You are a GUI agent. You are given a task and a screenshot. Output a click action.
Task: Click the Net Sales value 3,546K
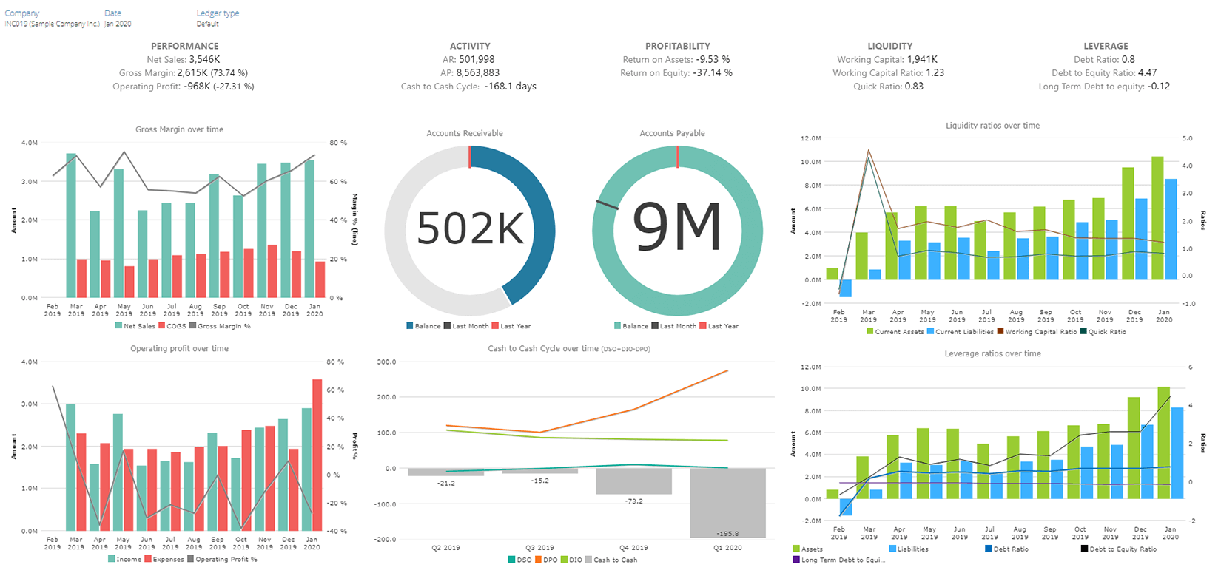point(204,60)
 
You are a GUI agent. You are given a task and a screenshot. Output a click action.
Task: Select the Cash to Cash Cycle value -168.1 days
point(510,87)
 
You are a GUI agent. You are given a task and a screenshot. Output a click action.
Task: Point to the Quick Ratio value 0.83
point(914,87)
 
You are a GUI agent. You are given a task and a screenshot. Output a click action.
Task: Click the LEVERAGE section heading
point(1106,46)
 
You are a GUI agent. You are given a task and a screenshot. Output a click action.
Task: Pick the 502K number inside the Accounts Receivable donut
point(470,228)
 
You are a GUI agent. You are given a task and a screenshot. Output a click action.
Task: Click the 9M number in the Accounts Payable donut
point(677,228)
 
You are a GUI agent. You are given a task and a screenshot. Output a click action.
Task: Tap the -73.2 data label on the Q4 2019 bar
point(633,501)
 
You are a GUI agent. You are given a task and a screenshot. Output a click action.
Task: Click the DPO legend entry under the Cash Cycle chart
point(548,560)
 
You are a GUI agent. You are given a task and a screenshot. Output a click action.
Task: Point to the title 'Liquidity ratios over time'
point(992,126)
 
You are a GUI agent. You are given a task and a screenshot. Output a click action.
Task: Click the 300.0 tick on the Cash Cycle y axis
point(386,362)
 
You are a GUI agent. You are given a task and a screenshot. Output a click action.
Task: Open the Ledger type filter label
point(218,13)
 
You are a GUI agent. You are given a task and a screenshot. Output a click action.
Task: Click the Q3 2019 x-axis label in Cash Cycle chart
point(539,548)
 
